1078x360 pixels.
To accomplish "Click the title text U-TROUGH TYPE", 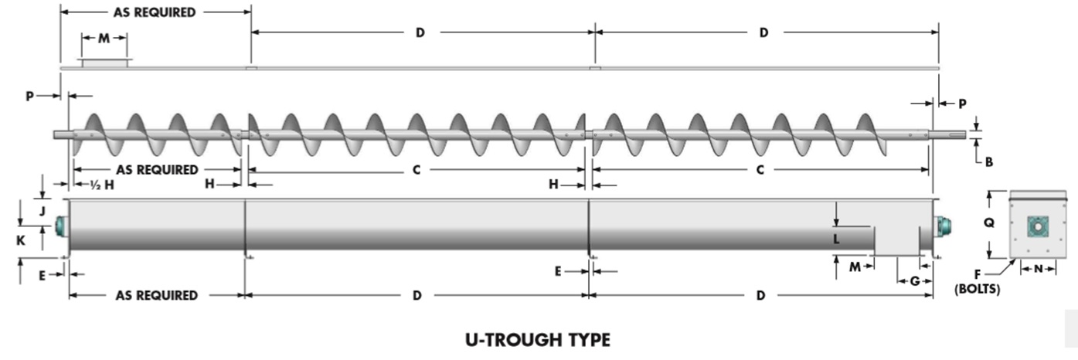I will pyautogui.click(x=538, y=340).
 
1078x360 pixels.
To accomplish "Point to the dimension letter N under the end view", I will pyautogui.click(x=1039, y=268).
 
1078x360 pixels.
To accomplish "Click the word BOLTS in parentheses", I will pyautogui.click(x=978, y=290).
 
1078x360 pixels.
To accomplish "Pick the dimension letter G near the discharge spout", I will pyautogui.click(x=914, y=281).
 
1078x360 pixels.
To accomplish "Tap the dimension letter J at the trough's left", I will pyautogui.click(x=43, y=209).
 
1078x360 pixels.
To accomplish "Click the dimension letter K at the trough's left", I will pyautogui.click(x=21, y=240).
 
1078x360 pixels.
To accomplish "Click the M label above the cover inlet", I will pyautogui.click(x=104, y=38).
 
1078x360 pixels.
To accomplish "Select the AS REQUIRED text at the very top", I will pyautogui.click(x=155, y=12).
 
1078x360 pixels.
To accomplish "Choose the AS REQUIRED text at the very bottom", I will pyautogui.click(x=156, y=295).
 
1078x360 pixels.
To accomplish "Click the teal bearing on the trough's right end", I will pyautogui.click(x=942, y=226).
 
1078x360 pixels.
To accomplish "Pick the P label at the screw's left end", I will pyautogui.click(x=29, y=96).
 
